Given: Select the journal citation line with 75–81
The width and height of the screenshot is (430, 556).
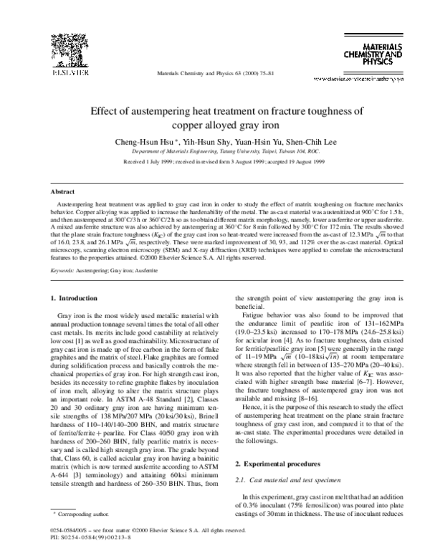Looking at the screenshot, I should click(x=214, y=74).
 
